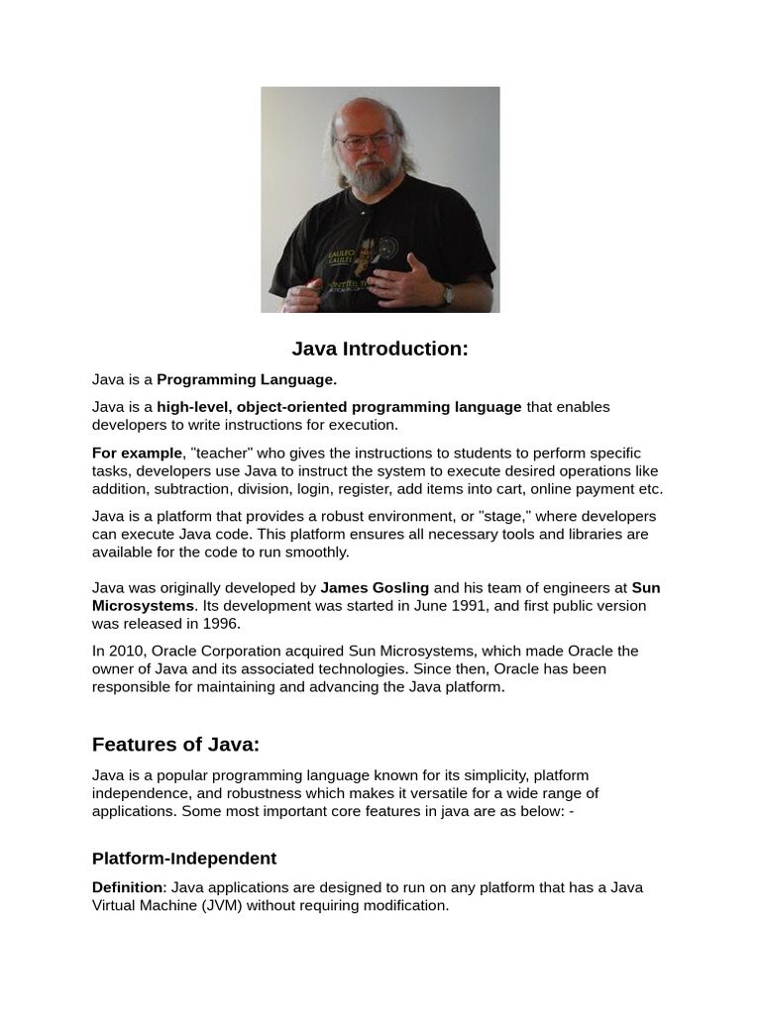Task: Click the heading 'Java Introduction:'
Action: point(380,350)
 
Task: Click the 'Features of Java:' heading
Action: point(175,745)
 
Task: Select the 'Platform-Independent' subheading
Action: point(184,859)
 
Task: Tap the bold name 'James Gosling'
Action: point(375,588)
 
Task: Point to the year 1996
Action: point(221,624)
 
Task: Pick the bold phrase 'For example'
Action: point(138,454)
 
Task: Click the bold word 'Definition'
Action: point(127,887)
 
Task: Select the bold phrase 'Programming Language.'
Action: point(247,379)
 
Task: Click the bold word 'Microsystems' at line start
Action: point(143,606)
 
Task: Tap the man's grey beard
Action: point(369,177)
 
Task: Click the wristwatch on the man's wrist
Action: point(447,294)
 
